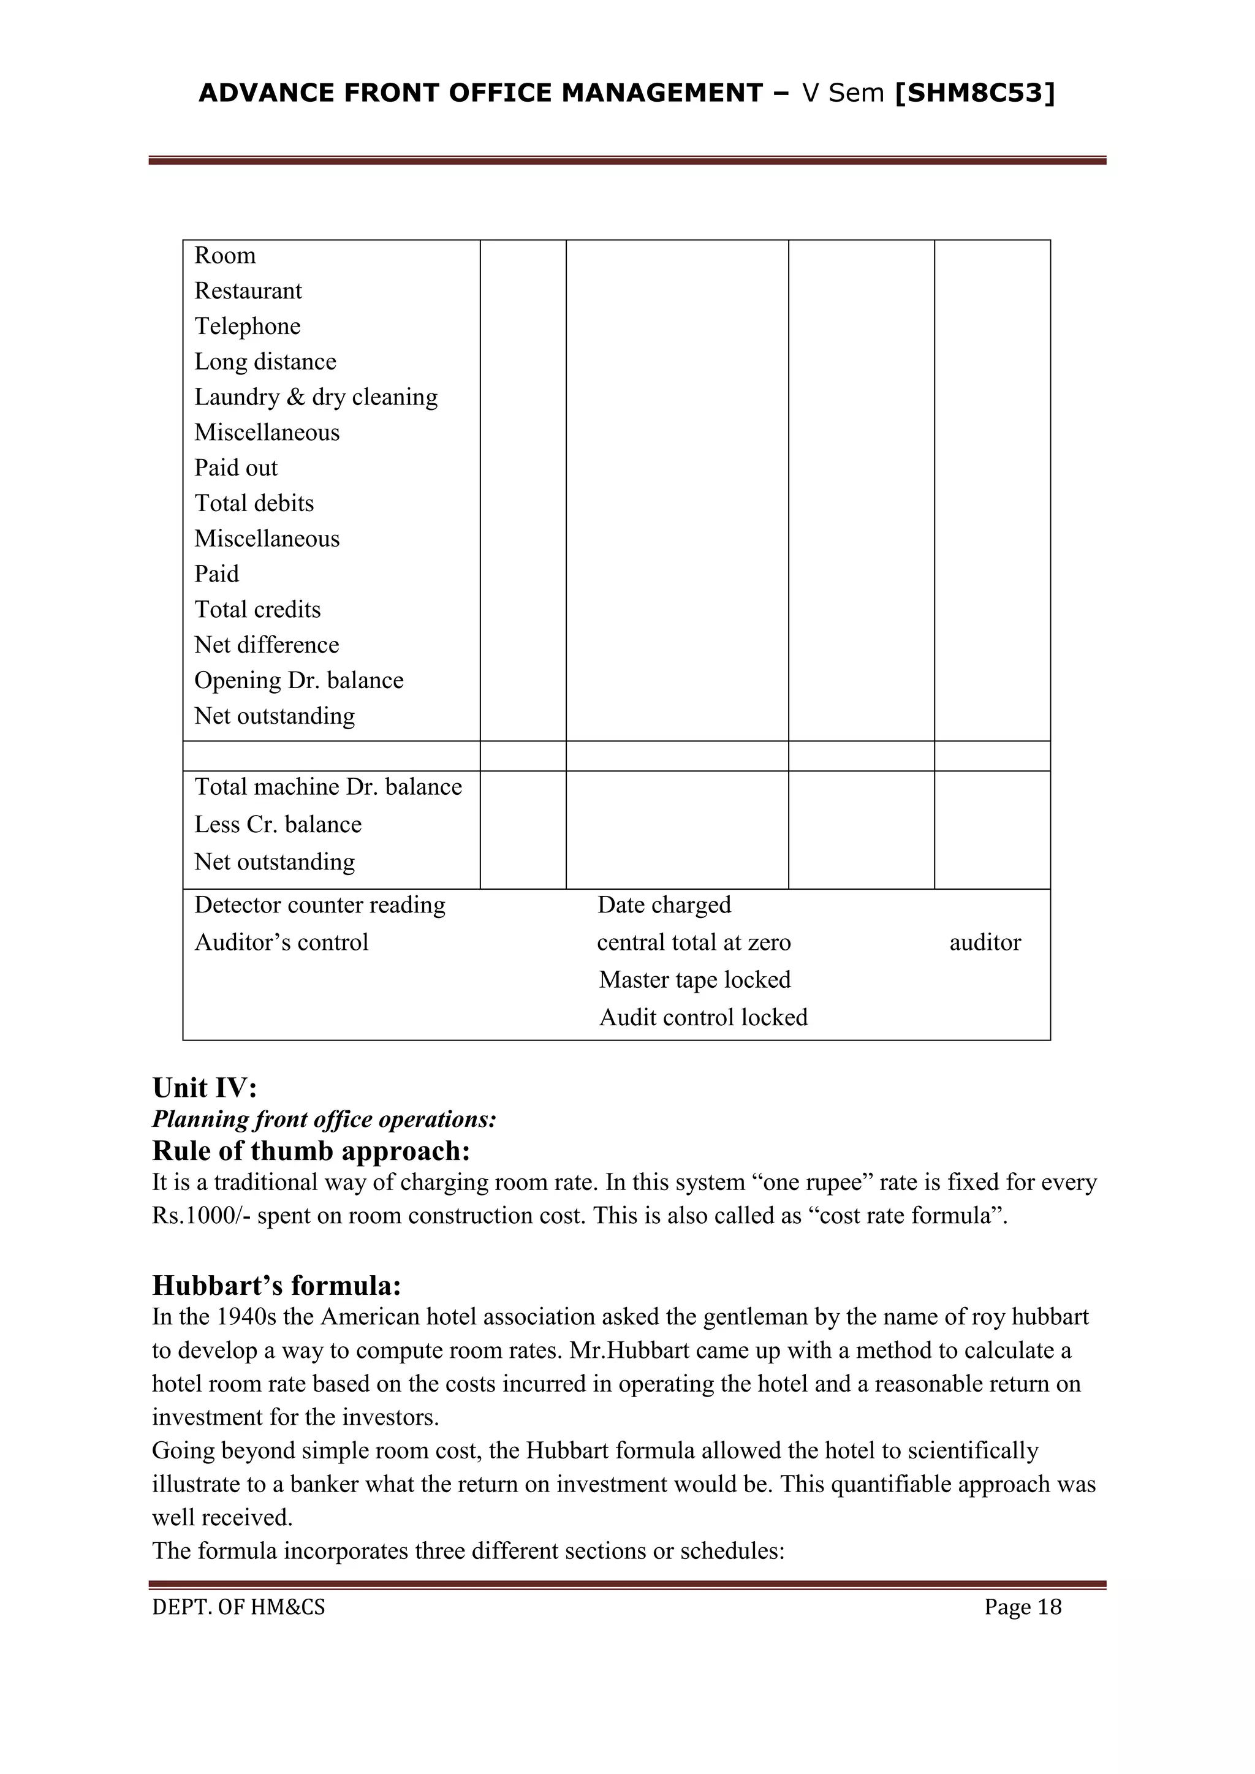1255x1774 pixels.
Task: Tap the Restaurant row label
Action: pyautogui.click(x=248, y=291)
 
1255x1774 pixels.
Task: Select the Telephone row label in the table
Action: pyautogui.click(x=248, y=327)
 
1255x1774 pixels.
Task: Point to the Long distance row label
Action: pyautogui.click(x=265, y=362)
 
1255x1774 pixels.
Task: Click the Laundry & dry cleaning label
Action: pyautogui.click(x=316, y=397)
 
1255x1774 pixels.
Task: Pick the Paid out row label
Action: pyautogui.click(x=236, y=468)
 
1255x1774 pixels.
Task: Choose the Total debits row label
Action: pyautogui.click(x=254, y=504)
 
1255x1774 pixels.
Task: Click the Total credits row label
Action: pyautogui.click(x=257, y=610)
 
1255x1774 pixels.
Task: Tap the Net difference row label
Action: pyautogui.click(x=267, y=645)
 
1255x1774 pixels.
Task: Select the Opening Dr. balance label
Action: pyautogui.click(x=299, y=681)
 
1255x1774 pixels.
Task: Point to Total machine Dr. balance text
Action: pyautogui.click(x=328, y=787)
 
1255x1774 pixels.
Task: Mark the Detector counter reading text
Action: pyautogui.click(x=320, y=906)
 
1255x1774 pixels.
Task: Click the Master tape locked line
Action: pyautogui.click(x=695, y=980)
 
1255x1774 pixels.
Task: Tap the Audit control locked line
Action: pyautogui.click(x=703, y=1018)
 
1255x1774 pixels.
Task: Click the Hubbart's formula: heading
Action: pyautogui.click(x=276, y=1286)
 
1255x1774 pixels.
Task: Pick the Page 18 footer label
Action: pyautogui.click(x=1022, y=1607)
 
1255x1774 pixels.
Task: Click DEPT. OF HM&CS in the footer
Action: pyautogui.click(x=239, y=1607)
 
